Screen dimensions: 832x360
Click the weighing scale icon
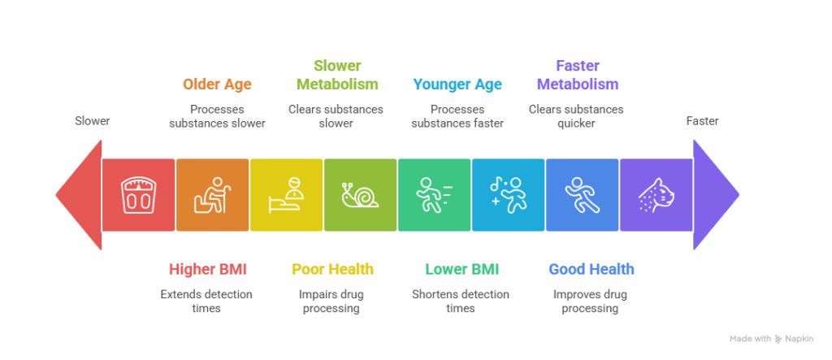coord(138,195)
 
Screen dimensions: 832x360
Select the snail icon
coord(360,195)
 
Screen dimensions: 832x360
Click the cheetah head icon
coord(656,195)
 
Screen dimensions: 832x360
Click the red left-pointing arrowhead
coord(79,195)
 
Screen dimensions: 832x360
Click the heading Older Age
coord(217,84)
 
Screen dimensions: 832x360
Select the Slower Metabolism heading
coord(337,75)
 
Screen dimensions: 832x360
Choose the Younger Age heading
coord(457,84)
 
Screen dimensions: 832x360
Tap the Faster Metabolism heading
coord(578,75)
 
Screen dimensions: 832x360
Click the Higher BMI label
coord(207,269)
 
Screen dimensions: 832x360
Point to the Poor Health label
coord(332,269)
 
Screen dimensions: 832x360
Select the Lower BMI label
coord(461,269)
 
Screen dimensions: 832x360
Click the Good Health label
coord(591,269)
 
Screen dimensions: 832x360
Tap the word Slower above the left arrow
coord(92,121)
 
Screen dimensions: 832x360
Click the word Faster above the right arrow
coord(702,121)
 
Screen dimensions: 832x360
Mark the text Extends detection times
coord(206,301)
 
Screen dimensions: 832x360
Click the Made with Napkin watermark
coord(772,339)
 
